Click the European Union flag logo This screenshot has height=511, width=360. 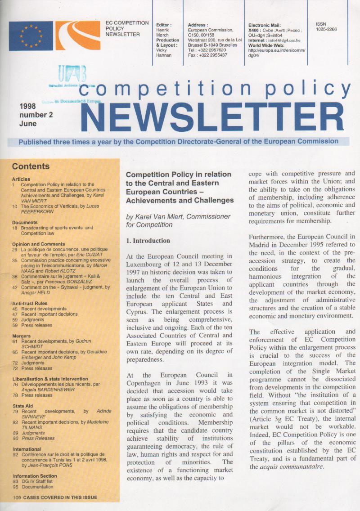tap(31, 36)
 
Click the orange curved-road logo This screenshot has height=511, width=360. tap(78, 36)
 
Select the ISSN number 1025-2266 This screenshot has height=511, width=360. tap(327, 29)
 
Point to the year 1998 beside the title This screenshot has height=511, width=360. tap(28, 107)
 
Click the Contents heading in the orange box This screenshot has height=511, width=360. tap(31, 166)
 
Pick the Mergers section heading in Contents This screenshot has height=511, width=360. tap(22, 336)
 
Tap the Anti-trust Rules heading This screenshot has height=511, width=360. tap(30, 303)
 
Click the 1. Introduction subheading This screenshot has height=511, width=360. tap(148, 241)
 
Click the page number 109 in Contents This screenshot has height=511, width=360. tap(18, 498)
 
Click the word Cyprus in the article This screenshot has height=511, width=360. tap(138, 311)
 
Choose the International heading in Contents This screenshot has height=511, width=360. tap(27, 449)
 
